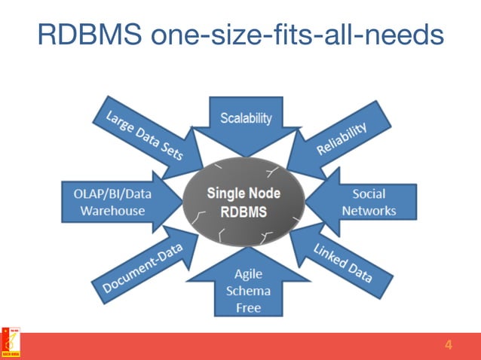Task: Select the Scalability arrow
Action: [246, 124]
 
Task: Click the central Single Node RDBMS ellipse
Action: [244, 202]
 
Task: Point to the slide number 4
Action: [449, 346]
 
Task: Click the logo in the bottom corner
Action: [11, 343]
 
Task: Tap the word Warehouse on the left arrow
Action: [114, 211]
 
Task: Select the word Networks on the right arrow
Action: [369, 211]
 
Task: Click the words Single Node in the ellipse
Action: [244, 193]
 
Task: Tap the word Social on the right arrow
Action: [369, 194]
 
